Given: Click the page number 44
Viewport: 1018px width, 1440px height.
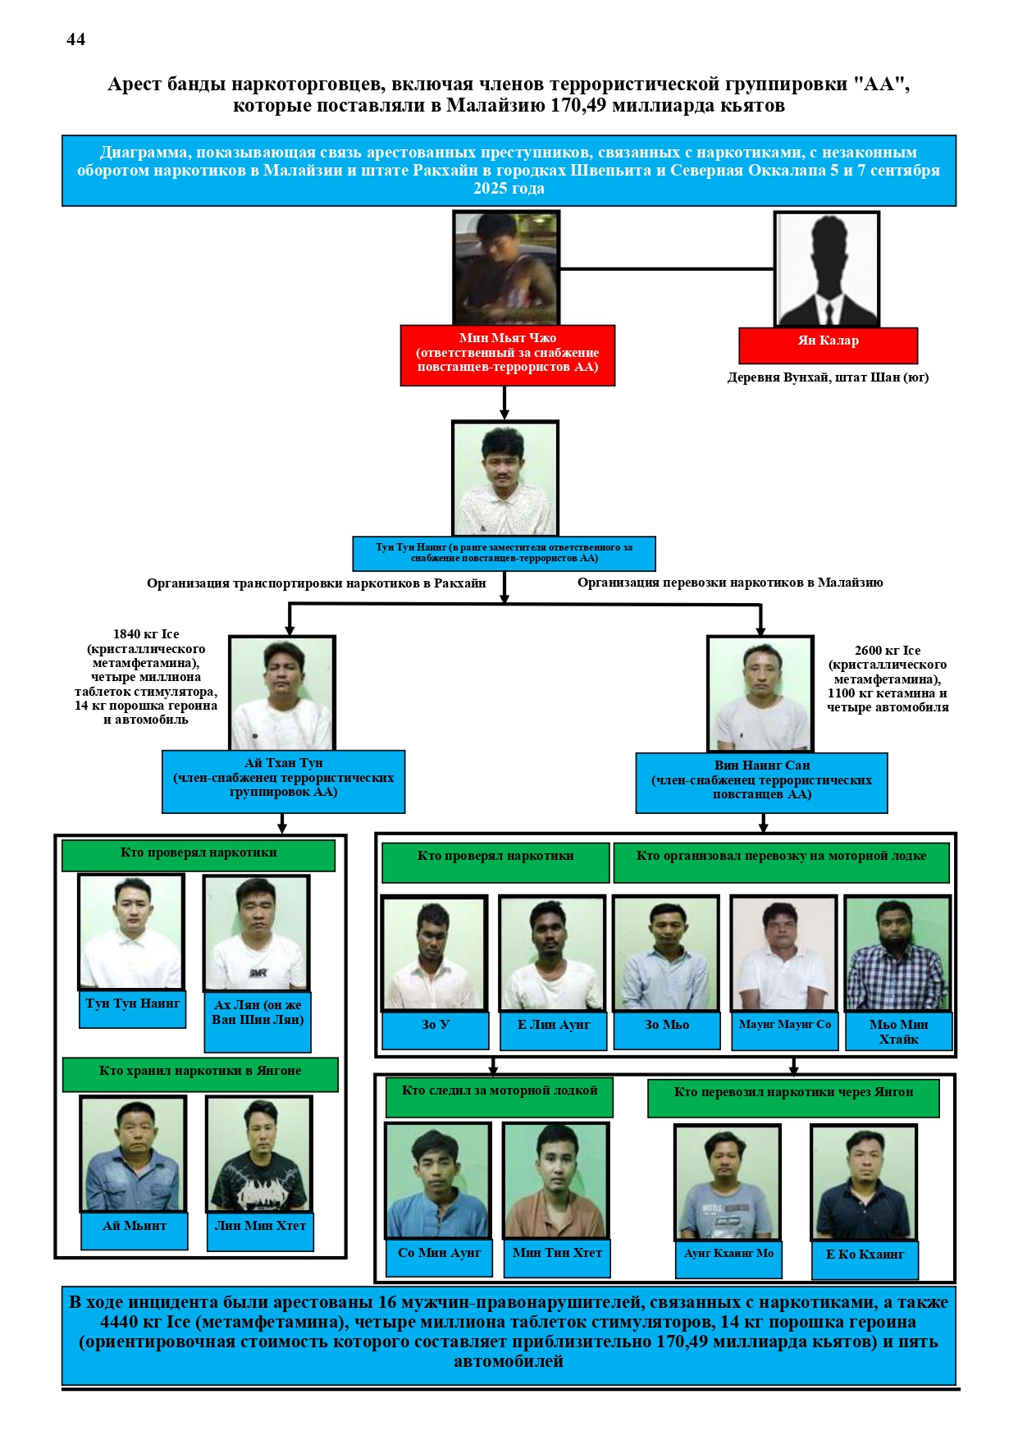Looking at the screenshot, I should (x=75, y=39).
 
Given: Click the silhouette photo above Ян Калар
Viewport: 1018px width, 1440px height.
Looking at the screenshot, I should (x=827, y=269).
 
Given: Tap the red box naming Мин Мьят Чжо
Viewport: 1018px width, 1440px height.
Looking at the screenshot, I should (x=507, y=354).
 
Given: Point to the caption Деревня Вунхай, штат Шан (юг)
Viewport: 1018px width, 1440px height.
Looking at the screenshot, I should (x=828, y=377).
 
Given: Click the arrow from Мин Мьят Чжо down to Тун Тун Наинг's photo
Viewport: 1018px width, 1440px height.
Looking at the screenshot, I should (x=504, y=403).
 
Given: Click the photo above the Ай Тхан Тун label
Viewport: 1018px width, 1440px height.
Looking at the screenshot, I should (x=282, y=693).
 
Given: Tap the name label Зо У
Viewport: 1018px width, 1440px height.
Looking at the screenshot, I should (x=436, y=1030).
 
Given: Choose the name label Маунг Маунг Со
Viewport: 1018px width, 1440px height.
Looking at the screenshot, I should (x=784, y=1030).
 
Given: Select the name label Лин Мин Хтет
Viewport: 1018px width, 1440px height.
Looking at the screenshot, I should (x=260, y=1231).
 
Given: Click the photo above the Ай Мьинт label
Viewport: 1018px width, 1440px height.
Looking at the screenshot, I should (x=133, y=1154).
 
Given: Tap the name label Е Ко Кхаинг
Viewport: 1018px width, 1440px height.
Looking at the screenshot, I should (x=865, y=1259).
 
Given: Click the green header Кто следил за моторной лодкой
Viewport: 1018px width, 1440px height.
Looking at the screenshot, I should (x=499, y=1096).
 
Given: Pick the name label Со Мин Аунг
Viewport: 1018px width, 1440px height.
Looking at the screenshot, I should (x=439, y=1258).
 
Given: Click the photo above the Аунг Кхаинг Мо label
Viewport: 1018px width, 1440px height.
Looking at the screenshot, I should (x=728, y=1182).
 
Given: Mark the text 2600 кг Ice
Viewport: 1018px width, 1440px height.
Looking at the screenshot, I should (x=888, y=651).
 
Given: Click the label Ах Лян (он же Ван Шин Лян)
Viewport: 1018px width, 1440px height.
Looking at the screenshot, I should (x=258, y=1020).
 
